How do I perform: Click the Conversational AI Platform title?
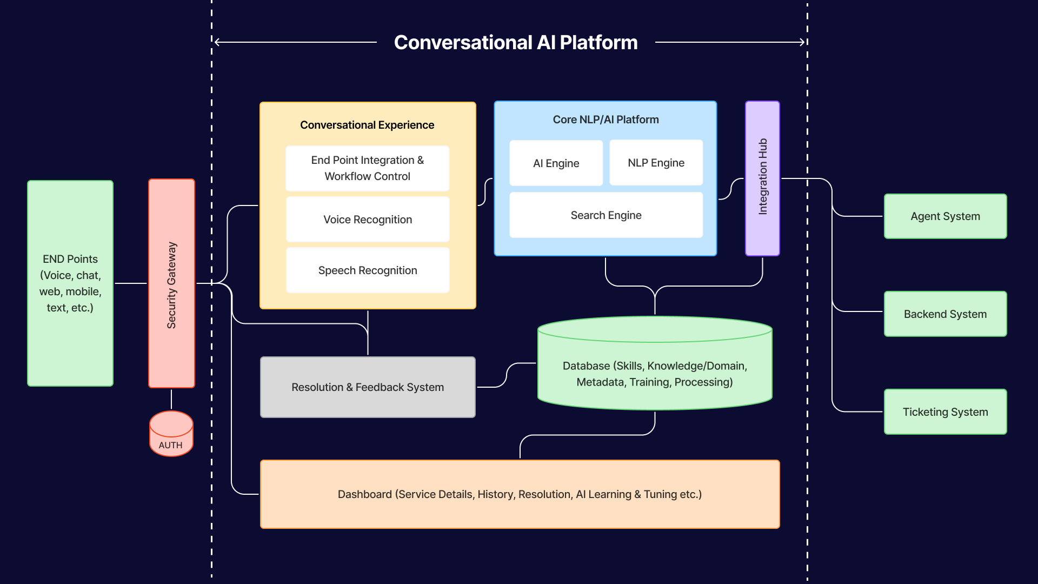tap(515, 43)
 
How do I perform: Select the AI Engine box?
tap(556, 163)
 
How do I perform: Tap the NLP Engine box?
tap(656, 163)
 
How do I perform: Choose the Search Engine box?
tap(605, 215)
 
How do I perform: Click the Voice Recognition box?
tap(368, 220)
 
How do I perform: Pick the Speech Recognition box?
tap(368, 270)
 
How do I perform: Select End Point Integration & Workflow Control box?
tap(368, 168)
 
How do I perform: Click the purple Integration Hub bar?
tap(762, 177)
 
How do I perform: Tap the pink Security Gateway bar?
tap(171, 284)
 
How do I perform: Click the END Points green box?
tap(70, 283)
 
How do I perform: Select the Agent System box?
tap(945, 216)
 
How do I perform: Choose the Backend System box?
tap(945, 314)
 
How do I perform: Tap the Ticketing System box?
tap(945, 412)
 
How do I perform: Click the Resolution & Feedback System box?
tap(368, 387)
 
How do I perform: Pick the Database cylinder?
tap(655, 373)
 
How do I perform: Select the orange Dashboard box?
tap(520, 494)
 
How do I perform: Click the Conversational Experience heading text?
tap(367, 125)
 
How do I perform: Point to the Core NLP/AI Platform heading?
tap(605, 120)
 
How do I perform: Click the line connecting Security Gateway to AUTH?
tap(171, 400)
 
